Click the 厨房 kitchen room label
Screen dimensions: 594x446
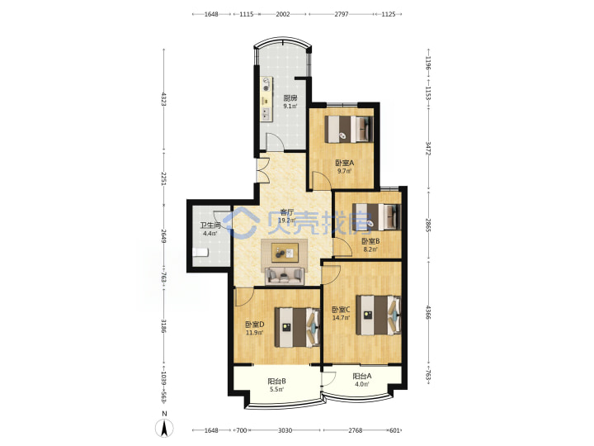pos(290,97)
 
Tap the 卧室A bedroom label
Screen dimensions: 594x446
pos(344,163)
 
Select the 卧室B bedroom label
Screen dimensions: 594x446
pos(370,241)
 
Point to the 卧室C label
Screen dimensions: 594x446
pos(341,310)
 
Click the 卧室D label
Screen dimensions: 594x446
pos(254,325)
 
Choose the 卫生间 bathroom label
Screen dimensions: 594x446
pos(210,225)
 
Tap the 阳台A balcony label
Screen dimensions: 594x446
pos(362,377)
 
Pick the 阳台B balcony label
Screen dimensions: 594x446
pos(276,381)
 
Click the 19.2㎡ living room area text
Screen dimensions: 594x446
pos(287,220)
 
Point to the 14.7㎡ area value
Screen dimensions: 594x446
pos(341,318)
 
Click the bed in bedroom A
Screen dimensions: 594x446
pos(349,129)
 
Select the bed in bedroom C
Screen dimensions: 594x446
pos(379,316)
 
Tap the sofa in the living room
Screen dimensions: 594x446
pos(285,276)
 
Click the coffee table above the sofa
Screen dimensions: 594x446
pos(285,253)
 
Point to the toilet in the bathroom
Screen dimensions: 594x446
pos(200,252)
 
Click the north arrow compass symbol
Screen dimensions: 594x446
pos(164,429)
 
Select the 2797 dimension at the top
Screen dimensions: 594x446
pos(342,14)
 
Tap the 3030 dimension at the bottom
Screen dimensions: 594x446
pos(285,430)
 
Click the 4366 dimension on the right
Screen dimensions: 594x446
pos(428,312)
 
